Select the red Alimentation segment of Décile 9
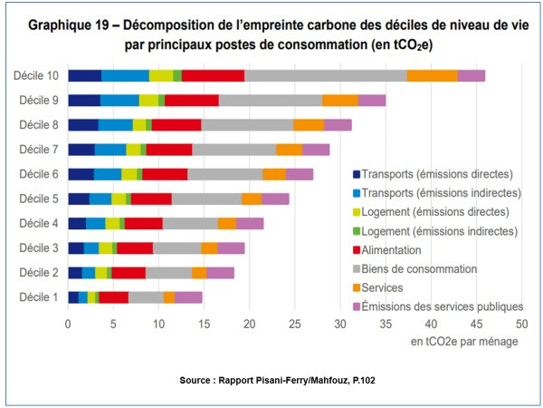coord(192,101)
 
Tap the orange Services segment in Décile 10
coord(432,76)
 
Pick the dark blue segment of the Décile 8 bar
coord(83,125)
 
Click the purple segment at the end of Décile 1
coord(188,296)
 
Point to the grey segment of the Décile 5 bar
coord(206,199)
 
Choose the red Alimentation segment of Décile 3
coord(135,248)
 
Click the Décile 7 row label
coord(36,150)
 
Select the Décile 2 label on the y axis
coord(36,272)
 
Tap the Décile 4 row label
coord(36,223)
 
